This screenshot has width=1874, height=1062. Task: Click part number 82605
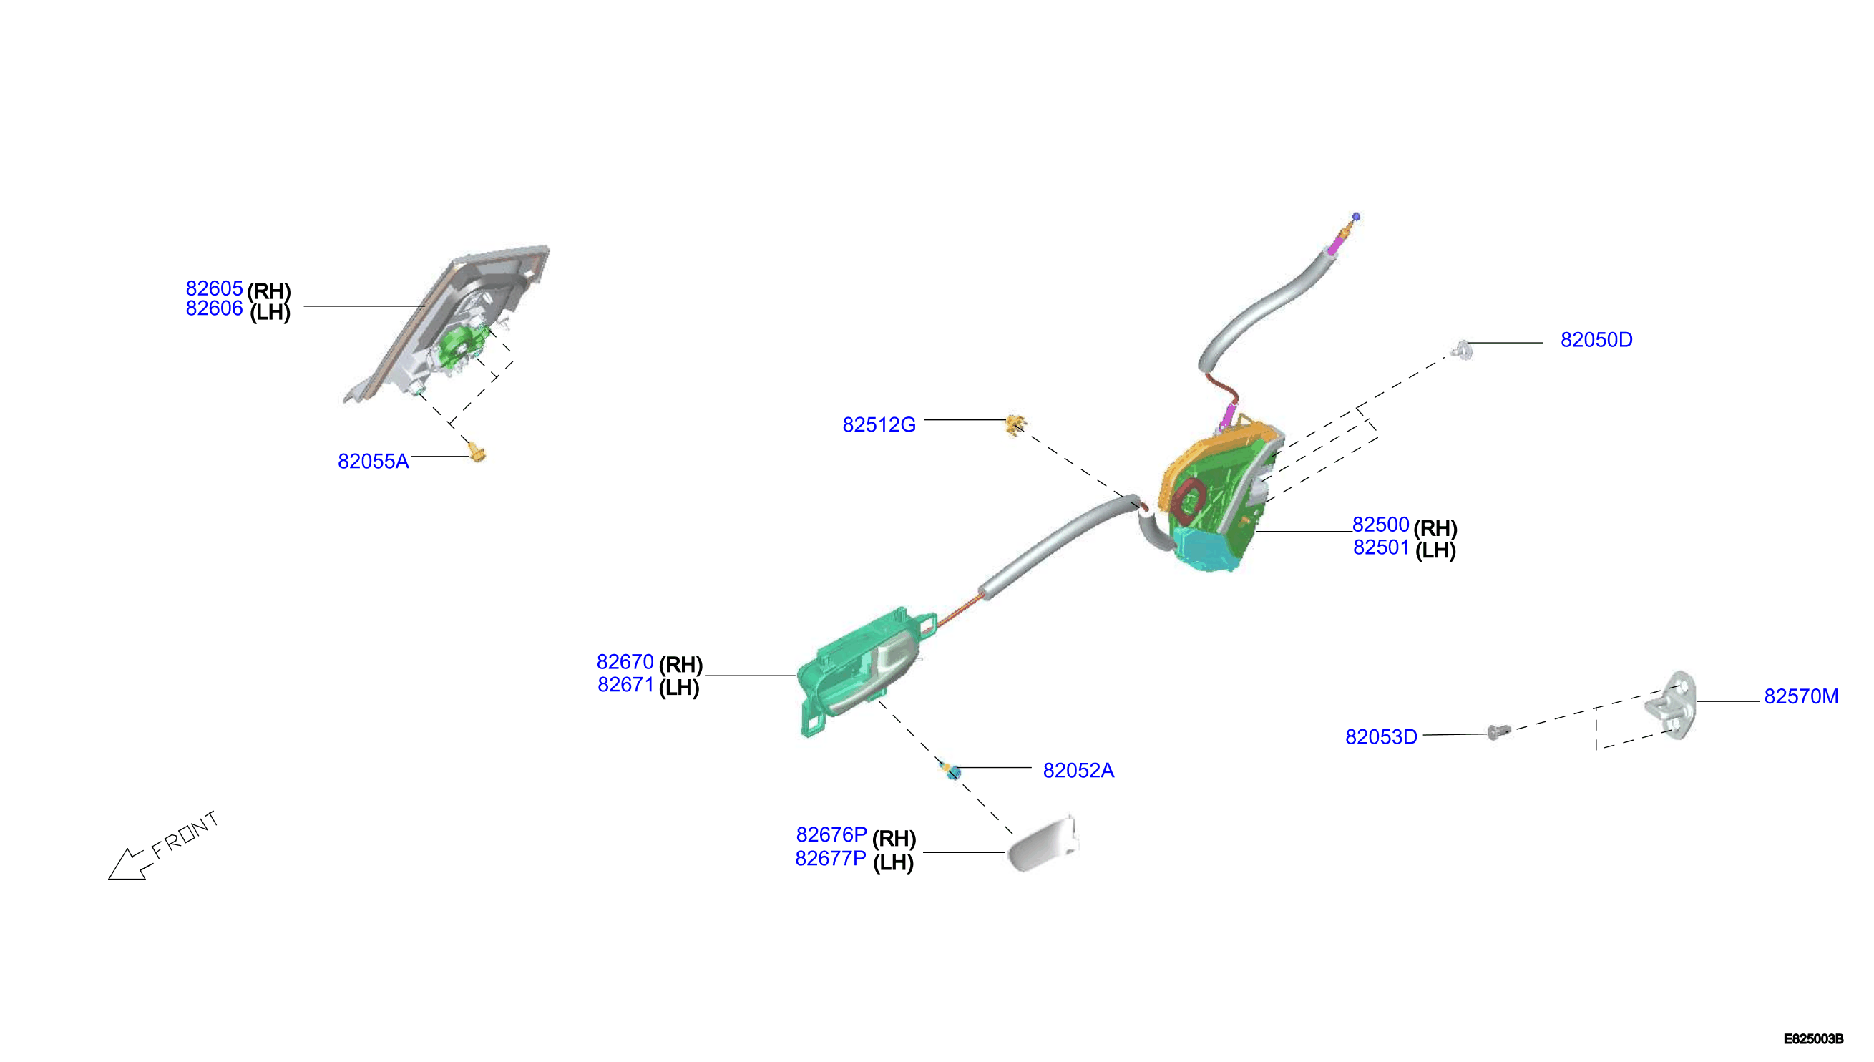(214, 288)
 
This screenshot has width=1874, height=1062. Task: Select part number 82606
(214, 308)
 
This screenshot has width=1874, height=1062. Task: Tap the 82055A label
(374, 461)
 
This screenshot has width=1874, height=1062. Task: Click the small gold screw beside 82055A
(477, 454)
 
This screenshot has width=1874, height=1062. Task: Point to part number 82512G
(879, 424)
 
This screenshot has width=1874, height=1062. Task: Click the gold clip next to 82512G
(1015, 424)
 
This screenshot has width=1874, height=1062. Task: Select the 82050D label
(1596, 340)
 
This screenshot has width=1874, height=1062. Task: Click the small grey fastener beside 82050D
(1462, 350)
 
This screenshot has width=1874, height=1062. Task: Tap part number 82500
(1380, 525)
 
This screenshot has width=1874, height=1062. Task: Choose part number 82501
(1381, 547)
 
